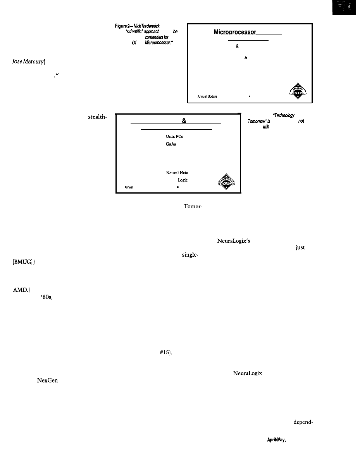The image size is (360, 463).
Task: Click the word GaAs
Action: coord(166,143)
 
